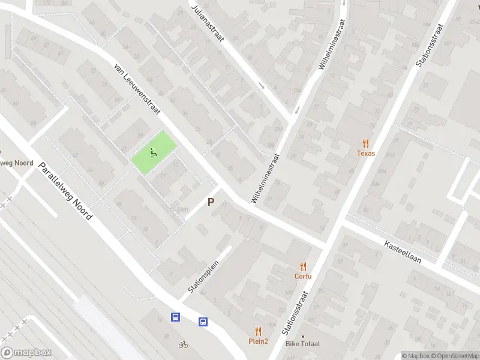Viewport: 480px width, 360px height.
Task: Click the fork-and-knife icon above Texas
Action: [365, 143]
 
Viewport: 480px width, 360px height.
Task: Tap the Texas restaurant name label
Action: [365, 154]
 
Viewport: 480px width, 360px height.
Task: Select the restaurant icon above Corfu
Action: [303, 266]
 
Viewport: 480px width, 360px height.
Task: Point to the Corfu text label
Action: [303, 277]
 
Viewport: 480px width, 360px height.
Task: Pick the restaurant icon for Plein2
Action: [259, 331]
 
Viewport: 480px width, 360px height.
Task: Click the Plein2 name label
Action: [259, 341]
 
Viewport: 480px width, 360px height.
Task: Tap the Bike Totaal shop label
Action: [303, 343]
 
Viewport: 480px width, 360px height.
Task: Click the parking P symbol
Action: [211, 202]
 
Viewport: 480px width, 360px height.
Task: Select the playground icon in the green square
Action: [154, 152]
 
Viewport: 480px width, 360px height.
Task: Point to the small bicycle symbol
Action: [184, 344]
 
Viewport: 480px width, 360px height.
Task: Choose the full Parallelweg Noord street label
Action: [65, 191]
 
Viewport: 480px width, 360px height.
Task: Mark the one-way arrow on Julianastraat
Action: [261, 85]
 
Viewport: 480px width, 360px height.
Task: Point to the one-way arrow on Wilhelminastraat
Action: [298, 111]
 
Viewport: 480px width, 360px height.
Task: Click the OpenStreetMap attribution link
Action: [454, 356]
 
